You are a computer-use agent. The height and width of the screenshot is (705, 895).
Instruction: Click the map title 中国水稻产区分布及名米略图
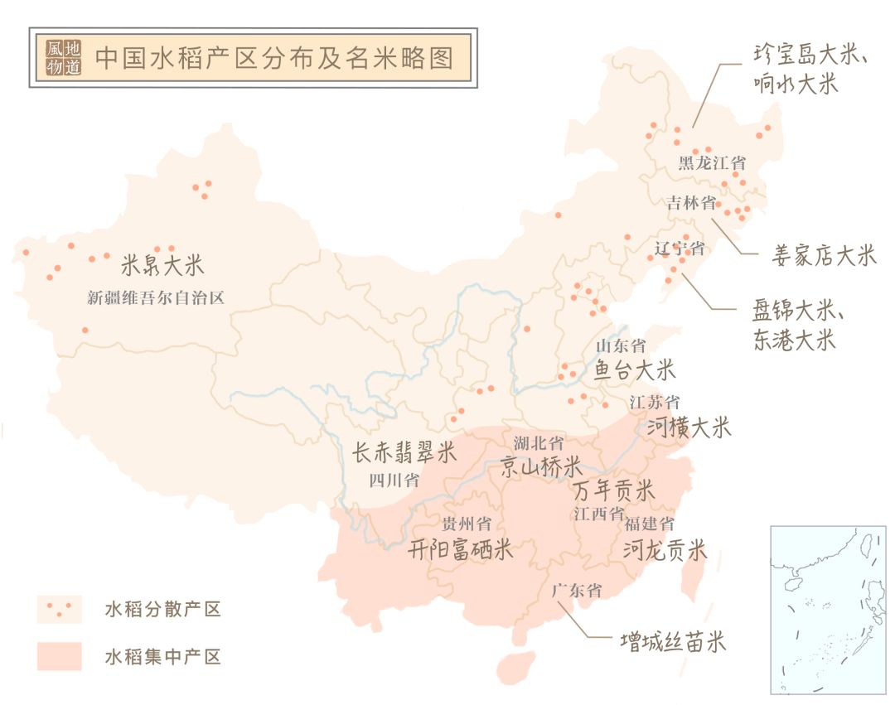(x=273, y=58)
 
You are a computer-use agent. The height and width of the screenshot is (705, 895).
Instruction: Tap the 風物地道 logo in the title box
(x=65, y=58)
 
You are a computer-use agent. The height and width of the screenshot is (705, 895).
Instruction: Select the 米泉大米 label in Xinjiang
(x=162, y=266)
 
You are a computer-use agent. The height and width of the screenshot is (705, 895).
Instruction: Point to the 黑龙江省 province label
(x=712, y=162)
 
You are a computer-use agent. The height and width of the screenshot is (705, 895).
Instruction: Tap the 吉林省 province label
(x=691, y=204)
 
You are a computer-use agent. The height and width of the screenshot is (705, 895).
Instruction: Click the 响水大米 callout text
(x=796, y=84)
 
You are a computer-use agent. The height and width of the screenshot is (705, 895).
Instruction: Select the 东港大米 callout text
(x=794, y=340)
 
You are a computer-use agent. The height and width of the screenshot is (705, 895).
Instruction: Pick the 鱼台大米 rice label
(x=635, y=369)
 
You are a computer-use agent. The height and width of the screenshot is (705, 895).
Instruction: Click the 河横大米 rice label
(x=689, y=427)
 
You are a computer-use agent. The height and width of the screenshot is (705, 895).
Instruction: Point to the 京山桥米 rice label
(x=540, y=466)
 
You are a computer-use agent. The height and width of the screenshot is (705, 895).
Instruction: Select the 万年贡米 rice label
(x=614, y=490)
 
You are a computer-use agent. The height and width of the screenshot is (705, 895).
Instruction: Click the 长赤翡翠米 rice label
(x=404, y=452)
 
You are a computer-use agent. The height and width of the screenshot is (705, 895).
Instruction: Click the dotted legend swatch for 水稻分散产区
(x=59, y=609)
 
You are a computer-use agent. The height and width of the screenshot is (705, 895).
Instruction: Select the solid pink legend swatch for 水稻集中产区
(x=59, y=656)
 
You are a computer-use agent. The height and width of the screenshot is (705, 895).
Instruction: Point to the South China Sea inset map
(x=828, y=609)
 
